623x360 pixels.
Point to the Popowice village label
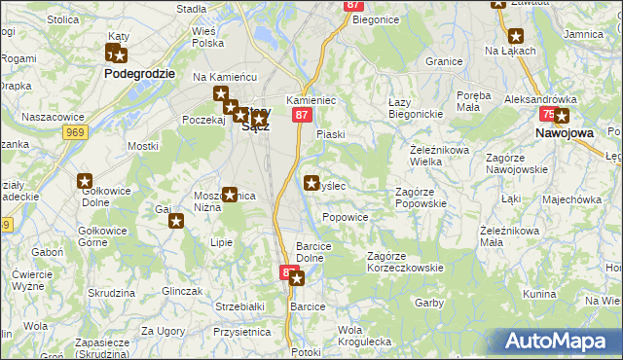click(345, 217)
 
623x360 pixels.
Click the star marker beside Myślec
click(312, 182)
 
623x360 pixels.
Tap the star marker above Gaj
click(176, 221)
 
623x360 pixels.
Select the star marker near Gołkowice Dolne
click(85, 180)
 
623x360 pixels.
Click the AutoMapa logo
click(558, 341)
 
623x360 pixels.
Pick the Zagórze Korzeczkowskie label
click(404, 262)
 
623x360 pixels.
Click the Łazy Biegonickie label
click(416, 108)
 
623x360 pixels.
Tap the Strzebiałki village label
click(240, 306)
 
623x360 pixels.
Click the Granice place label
click(443, 60)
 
